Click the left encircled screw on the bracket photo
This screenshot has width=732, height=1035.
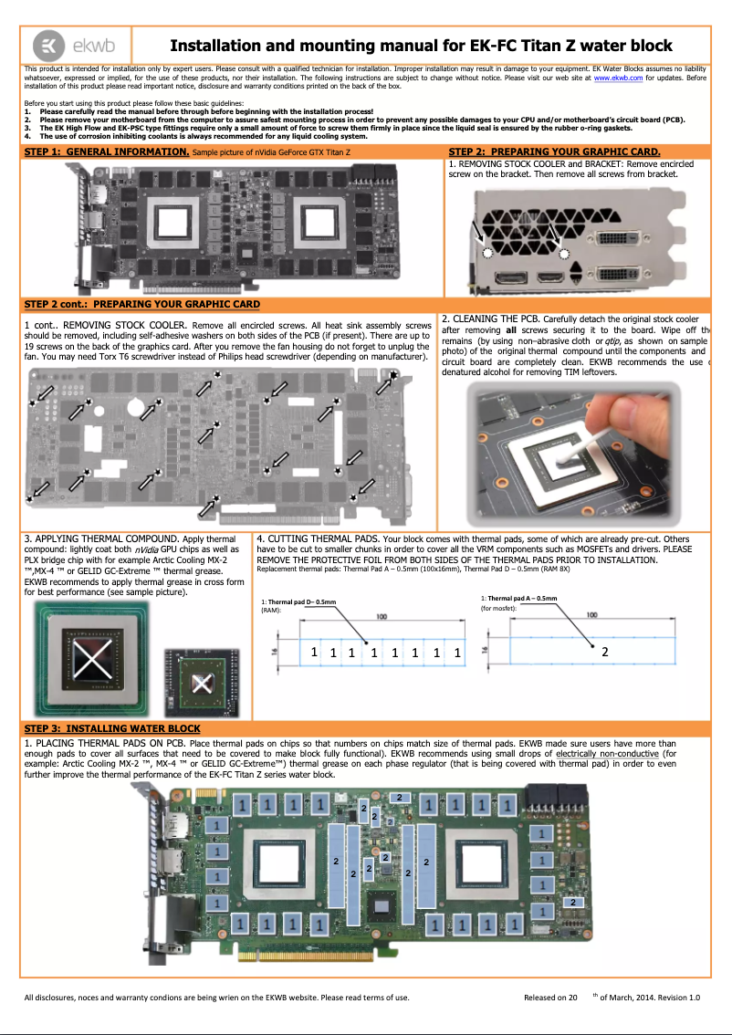pos(486,252)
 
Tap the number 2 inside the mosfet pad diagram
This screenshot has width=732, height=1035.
pos(604,652)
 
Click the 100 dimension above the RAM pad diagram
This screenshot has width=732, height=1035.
pos(381,618)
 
